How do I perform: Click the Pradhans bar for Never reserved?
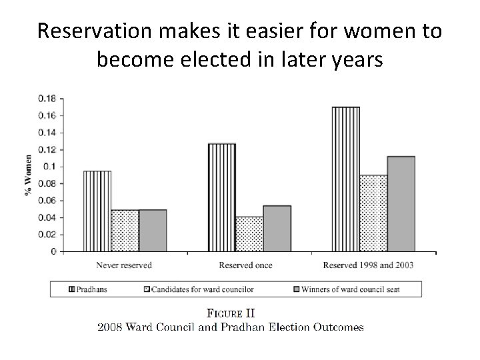point(97,211)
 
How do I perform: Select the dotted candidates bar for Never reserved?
point(125,231)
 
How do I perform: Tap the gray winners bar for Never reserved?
point(153,231)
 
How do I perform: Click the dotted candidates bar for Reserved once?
point(249,234)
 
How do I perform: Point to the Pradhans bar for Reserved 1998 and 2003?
point(346,179)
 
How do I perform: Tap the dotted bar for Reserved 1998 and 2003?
point(373,213)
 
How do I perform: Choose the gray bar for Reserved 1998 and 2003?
point(401,204)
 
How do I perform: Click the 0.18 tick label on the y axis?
point(47,98)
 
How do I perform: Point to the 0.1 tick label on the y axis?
point(50,166)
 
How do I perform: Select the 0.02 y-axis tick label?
point(47,235)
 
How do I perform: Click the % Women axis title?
point(29,175)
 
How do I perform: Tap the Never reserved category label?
point(125,265)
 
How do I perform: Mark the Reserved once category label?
point(245,265)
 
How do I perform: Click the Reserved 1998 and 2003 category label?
point(368,265)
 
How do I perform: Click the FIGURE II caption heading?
point(231,313)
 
